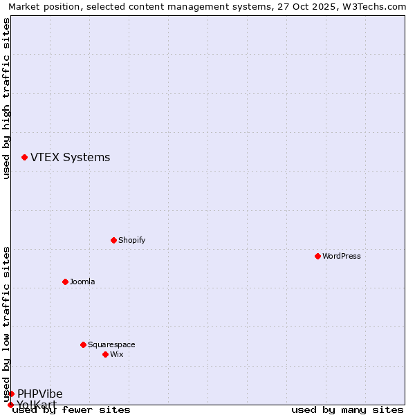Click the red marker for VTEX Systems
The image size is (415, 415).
tap(25, 158)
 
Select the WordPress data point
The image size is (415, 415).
tap(317, 256)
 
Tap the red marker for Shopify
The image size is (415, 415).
tap(113, 240)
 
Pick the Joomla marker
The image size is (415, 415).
tap(65, 282)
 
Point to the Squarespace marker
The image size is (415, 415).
tap(83, 344)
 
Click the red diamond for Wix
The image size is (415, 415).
tap(105, 354)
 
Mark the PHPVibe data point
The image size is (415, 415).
tap(11, 394)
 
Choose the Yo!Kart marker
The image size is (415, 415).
tap(10, 405)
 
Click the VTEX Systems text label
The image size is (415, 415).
tap(70, 157)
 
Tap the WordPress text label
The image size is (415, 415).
tap(342, 256)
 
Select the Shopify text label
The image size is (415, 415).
tap(131, 240)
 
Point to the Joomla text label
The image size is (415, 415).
tap(82, 282)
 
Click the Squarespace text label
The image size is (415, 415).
tap(111, 344)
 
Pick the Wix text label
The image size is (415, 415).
tap(117, 354)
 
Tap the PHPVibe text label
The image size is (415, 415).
tap(40, 394)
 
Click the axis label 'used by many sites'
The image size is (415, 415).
tap(347, 409)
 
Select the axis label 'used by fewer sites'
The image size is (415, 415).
tap(71, 409)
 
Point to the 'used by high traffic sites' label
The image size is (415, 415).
tap(6, 98)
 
